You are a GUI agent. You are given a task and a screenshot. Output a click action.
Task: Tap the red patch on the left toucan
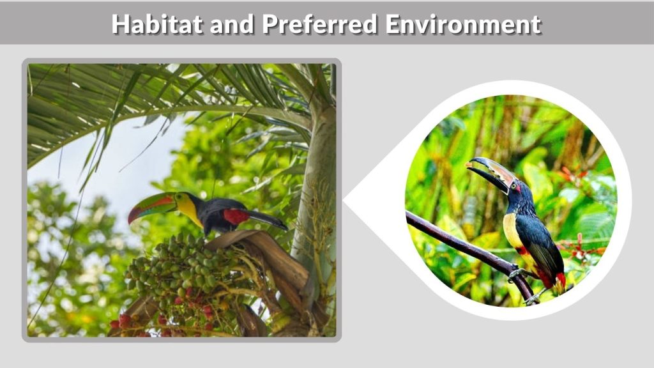point(236,217)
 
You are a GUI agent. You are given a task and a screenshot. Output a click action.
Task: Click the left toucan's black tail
point(268,220)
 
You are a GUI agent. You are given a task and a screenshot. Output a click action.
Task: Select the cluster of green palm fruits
point(172,268)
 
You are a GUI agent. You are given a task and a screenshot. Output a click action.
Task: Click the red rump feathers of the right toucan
point(559,280)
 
